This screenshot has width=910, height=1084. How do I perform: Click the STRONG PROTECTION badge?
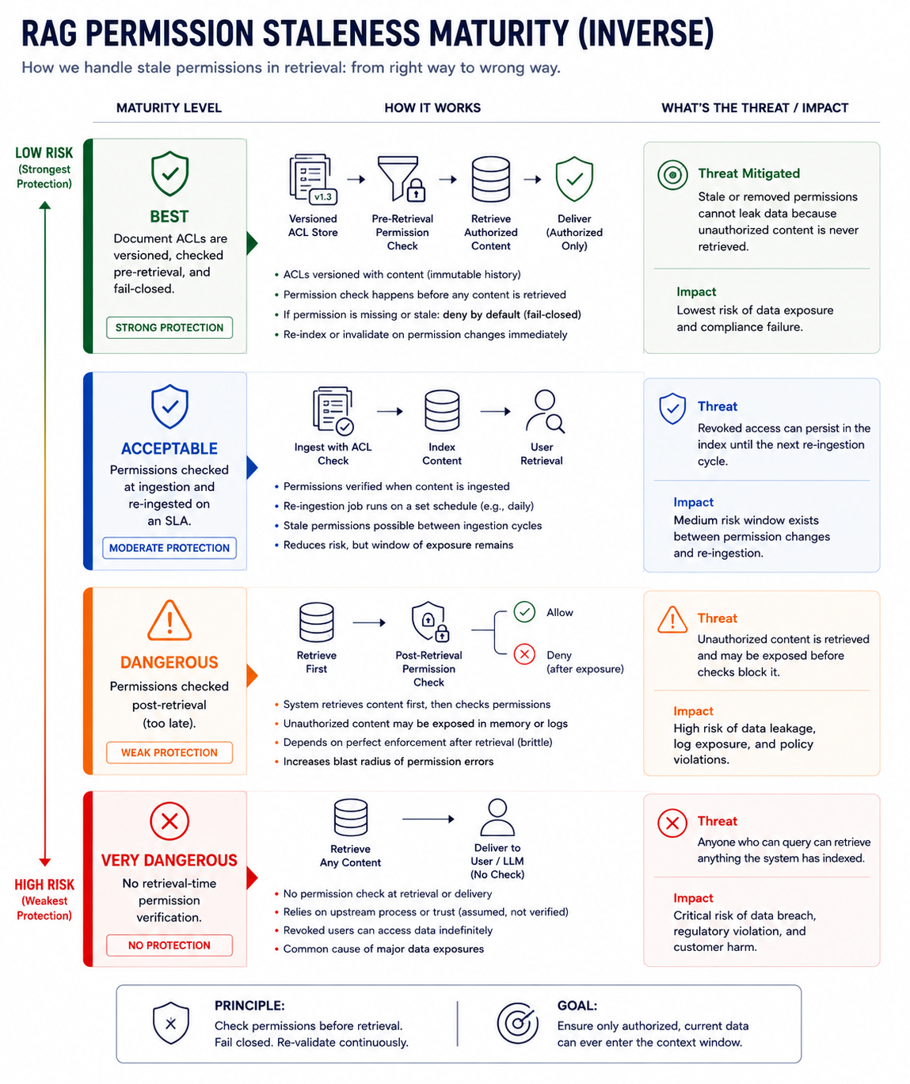coord(169,328)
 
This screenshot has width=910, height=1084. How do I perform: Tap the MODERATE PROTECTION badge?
coord(169,548)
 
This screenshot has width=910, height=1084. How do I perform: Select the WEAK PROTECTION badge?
coord(169,752)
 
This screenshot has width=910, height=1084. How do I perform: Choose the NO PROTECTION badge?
coord(169,945)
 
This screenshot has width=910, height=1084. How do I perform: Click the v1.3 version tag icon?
coord(323,196)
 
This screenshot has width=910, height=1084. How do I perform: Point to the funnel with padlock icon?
coord(402,179)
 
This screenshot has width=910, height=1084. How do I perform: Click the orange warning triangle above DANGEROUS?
coord(169,620)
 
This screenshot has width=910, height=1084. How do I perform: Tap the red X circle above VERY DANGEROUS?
coord(169,821)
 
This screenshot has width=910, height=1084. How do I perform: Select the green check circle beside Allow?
coord(524,612)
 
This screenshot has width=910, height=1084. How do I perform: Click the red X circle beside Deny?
coord(524,654)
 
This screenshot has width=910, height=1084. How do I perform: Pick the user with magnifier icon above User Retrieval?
coord(545,411)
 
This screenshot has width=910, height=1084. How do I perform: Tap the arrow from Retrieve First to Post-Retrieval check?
coord(369,622)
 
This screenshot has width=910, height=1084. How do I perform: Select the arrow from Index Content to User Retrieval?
coord(496,411)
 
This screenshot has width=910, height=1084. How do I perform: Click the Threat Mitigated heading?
coord(748,173)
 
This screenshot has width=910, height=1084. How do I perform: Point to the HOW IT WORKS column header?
coord(432,108)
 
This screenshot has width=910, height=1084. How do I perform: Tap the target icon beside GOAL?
coord(517,1023)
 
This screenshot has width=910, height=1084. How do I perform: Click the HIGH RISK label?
coord(44,884)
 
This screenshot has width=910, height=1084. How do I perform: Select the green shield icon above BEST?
coord(169,173)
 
